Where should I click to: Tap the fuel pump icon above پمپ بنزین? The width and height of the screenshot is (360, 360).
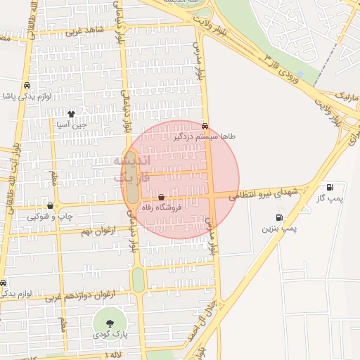[x=280, y=218]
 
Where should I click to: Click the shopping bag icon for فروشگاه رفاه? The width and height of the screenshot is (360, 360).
[x=162, y=198]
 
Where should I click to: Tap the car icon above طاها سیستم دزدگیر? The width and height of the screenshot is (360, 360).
[x=205, y=127]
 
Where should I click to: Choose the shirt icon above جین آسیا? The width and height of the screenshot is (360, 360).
[x=71, y=114]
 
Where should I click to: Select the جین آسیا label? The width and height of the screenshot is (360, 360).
[x=74, y=124]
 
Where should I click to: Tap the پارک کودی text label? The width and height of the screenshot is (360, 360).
[x=110, y=335]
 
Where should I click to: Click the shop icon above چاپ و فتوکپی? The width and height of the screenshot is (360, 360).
[x=50, y=206]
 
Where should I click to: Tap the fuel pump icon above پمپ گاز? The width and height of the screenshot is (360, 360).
[x=330, y=188]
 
